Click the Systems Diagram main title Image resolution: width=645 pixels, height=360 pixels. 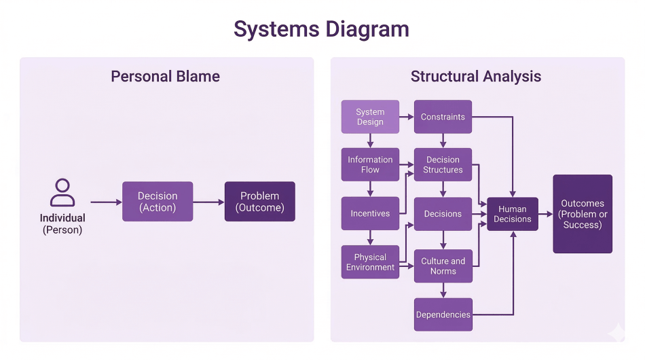tap(321, 29)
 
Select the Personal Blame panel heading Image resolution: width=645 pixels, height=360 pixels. tap(165, 76)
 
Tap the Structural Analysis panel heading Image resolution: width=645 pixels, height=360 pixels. tap(475, 76)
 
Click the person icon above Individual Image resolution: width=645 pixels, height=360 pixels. tap(62, 193)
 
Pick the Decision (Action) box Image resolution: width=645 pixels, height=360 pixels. tap(158, 202)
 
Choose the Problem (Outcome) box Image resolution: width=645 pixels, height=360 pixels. tap(260, 202)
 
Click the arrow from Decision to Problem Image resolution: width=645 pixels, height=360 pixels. tap(208, 202)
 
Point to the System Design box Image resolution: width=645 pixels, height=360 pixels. tap(370, 117)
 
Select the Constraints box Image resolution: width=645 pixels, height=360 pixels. tap(443, 117)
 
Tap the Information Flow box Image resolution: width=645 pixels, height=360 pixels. tap(370, 164)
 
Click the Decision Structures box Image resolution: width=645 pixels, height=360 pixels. tap(443, 164)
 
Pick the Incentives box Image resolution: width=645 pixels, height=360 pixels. tap(370, 213)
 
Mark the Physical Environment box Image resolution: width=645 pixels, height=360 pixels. tap(370, 262)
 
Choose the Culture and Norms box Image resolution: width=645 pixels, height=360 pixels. tap(443, 266)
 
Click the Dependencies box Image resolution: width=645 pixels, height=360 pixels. tap(443, 314)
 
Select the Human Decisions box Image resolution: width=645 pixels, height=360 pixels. tap(513, 214)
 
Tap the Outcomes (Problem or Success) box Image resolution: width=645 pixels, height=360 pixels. tap(583, 214)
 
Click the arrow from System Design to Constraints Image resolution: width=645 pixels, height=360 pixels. tap(407, 117)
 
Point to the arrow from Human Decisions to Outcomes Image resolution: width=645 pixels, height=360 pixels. tap(545, 214)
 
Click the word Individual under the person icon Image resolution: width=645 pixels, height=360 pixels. tap(62, 218)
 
